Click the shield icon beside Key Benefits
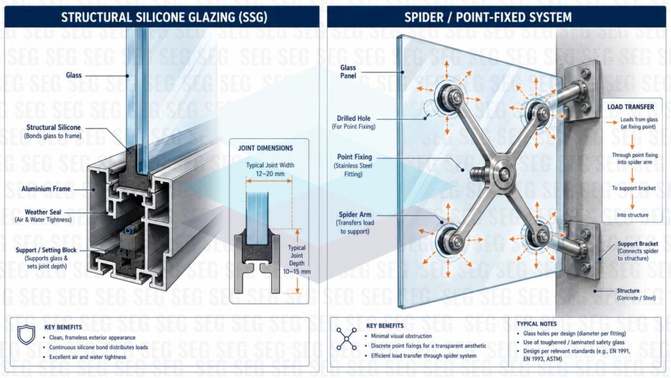(x=26, y=334)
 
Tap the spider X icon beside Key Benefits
(x=346, y=339)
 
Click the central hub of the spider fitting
(x=504, y=174)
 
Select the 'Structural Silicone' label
(x=54, y=127)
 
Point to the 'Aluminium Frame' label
(x=46, y=188)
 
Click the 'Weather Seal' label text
(x=43, y=212)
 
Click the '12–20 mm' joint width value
(x=270, y=173)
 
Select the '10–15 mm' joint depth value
(x=297, y=271)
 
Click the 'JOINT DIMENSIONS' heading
(x=265, y=148)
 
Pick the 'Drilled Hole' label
(x=353, y=118)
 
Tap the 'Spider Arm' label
(x=355, y=215)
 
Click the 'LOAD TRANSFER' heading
(x=630, y=107)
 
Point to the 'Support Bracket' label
(x=638, y=243)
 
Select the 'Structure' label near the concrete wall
(x=628, y=291)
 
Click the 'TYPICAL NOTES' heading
(x=537, y=324)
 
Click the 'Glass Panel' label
(x=348, y=72)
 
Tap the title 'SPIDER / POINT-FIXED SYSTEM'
(x=488, y=17)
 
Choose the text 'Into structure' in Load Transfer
(x=632, y=215)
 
